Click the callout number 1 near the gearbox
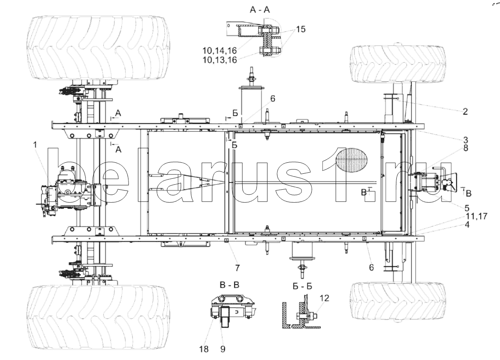35,145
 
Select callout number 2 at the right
465,111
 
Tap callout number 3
465,140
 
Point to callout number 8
465,148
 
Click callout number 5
467,208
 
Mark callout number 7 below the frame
237,268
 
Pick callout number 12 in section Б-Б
324,298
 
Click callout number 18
204,349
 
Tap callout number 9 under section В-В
222,349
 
